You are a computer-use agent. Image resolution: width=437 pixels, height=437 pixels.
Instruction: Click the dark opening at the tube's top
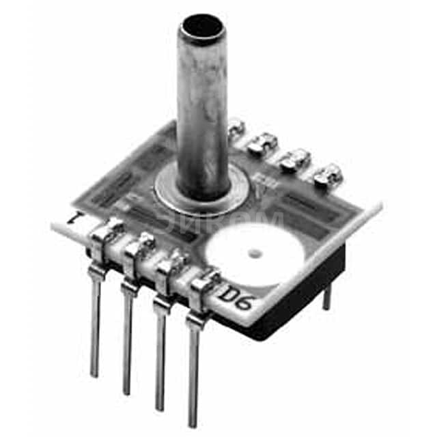click(x=201, y=27)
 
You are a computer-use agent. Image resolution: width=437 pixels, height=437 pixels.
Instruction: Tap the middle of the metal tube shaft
click(x=201, y=109)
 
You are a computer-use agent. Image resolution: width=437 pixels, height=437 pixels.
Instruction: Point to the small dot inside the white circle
click(x=255, y=254)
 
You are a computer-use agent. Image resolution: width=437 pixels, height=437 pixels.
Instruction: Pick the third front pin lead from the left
click(x=160, y=355)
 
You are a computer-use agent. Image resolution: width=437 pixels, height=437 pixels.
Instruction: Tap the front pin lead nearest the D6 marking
click(x=194, y=372)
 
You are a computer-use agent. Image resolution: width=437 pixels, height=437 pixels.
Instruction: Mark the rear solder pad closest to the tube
click(x=236, y=127)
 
